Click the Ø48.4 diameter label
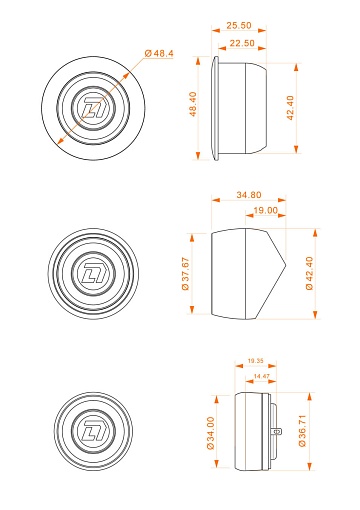[x=159, y=52]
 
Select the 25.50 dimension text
[x=238, y=25]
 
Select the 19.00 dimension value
[x=265, y=211]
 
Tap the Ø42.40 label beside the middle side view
[x=310, y=272]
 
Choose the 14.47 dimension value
[x=262, y=375]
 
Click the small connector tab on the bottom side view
[x=277, y=432]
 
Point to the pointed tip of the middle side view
[x=285, y=272]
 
